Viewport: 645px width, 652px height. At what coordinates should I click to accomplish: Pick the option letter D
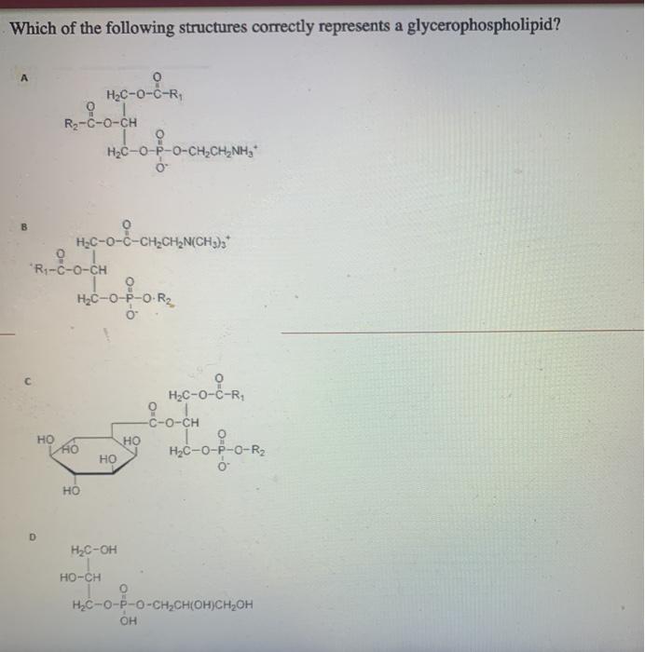pos(32,537)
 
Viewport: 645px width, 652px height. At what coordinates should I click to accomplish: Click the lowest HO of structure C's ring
pos(71,490)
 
